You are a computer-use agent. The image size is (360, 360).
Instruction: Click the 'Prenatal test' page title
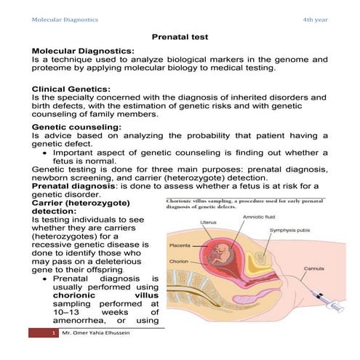[x=180, y=36]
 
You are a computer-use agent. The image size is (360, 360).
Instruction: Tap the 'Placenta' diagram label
[x=183, y=247]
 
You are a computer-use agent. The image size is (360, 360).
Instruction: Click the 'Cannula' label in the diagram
[x=313, y=267]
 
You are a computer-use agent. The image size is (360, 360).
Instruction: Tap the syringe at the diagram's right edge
[x=319, y=295]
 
